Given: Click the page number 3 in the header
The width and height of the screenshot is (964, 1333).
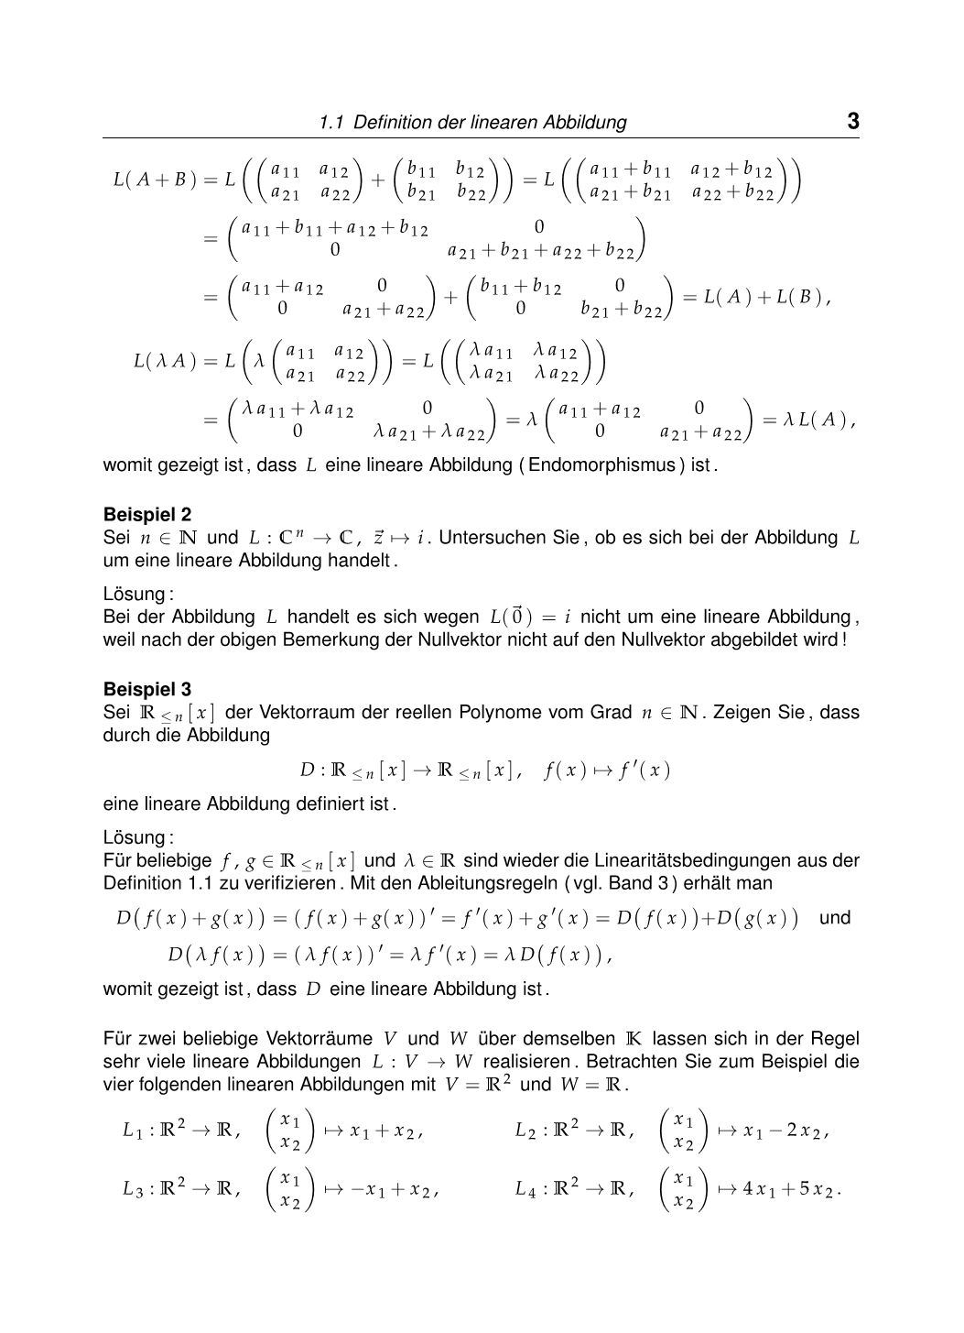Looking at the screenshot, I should click(x=852, y=122).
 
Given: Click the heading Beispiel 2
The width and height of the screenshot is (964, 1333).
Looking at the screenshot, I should click(x=147, y=515).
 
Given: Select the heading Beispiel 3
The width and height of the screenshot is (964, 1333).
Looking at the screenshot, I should click(x=147, y=689).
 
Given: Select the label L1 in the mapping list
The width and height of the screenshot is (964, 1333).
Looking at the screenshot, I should click(x=133, y=1131).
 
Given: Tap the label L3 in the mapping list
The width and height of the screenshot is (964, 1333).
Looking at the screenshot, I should click(x=133, y=1189).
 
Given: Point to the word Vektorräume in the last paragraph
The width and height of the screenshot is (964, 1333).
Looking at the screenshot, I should click(x=319, y=1039).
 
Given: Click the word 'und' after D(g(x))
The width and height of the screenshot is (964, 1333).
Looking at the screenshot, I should click(x=834, y=917).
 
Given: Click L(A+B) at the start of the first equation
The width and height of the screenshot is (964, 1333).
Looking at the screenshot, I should click(x=155, y=180).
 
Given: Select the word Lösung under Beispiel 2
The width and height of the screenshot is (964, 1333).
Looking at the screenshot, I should click(x=135, y=593).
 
